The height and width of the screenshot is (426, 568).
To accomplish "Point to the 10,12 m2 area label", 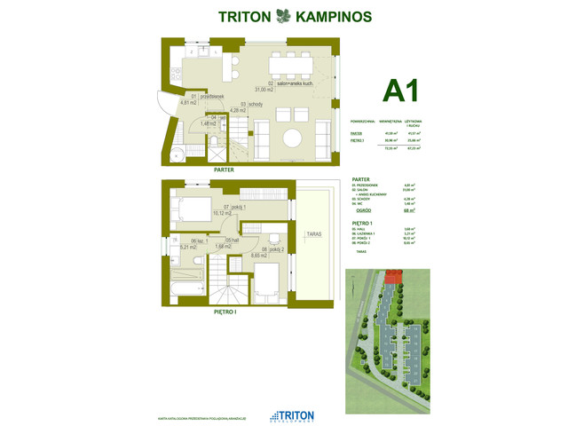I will (x=222, y=213).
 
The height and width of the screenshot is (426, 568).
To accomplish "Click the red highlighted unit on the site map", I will (x=390, y=281).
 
